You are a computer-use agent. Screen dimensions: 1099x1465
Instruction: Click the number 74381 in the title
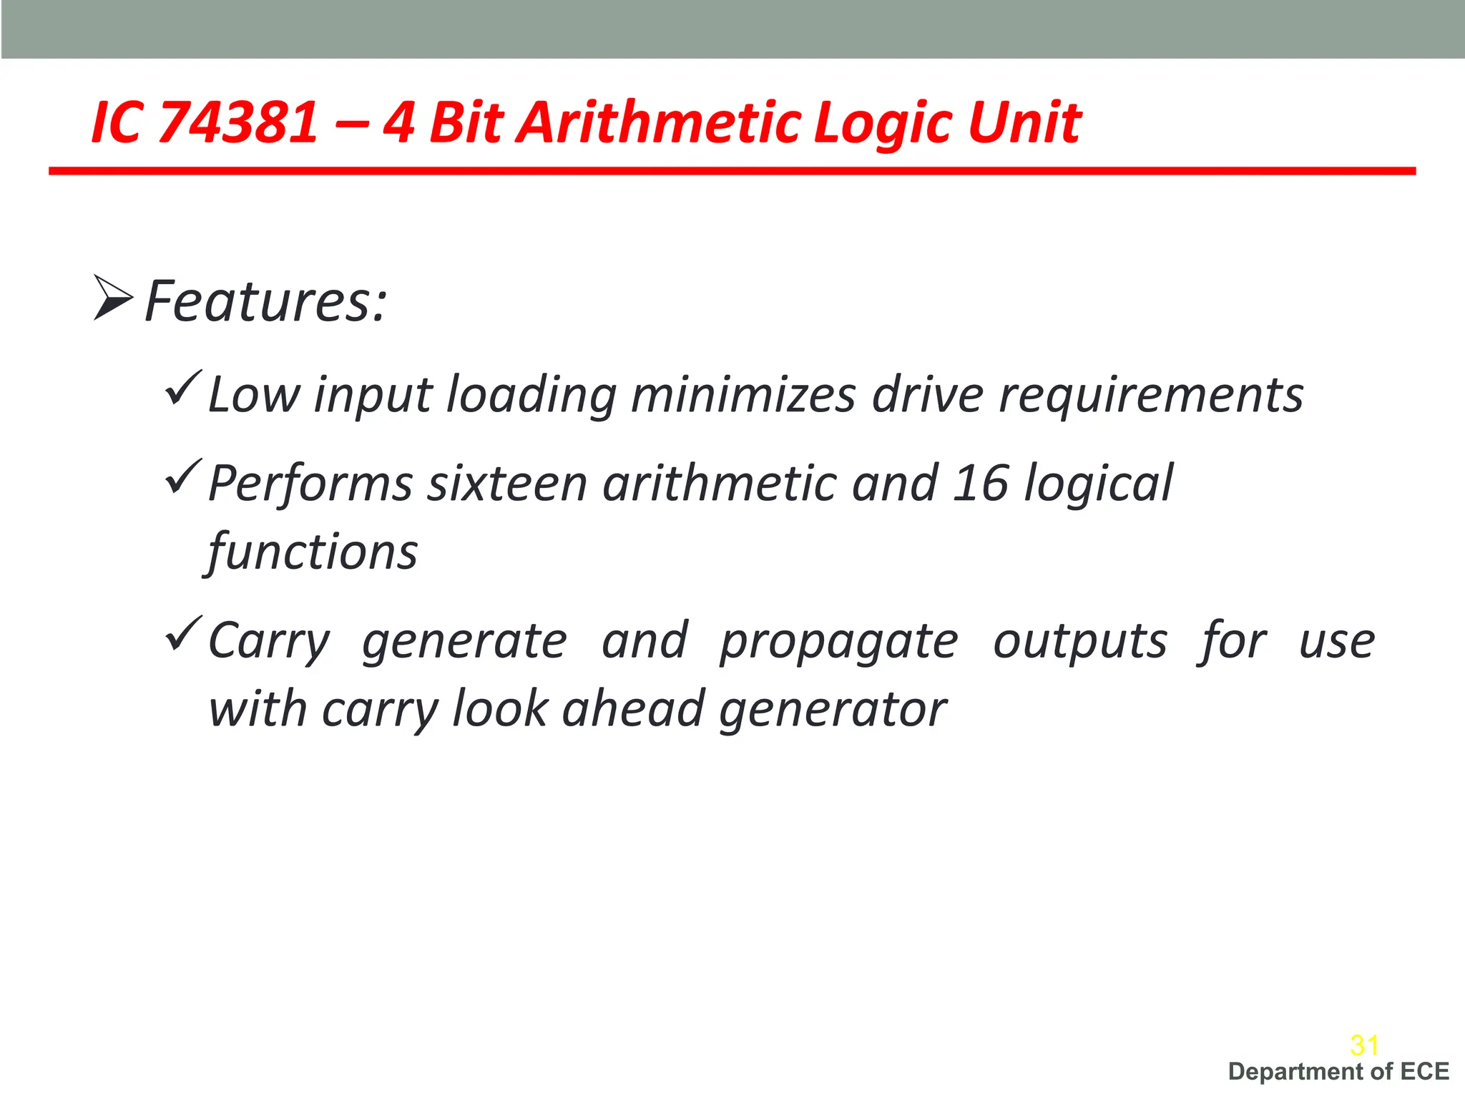(237, 122)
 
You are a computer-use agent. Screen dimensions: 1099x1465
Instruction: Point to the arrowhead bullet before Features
(113, 298)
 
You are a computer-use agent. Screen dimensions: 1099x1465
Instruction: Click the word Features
(265, 301)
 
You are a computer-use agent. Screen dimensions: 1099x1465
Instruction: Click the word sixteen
(507, 484)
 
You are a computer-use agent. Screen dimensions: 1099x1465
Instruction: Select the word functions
(313, 552)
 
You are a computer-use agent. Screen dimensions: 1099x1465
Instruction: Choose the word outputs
(1080, 641)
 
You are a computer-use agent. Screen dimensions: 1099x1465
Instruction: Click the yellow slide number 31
(1364, 1045)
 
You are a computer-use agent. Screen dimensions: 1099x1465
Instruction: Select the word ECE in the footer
(1424, 1072)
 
